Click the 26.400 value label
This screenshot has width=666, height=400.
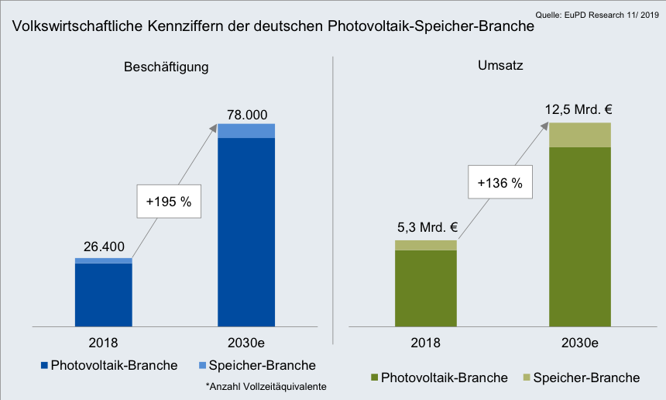(103, 247)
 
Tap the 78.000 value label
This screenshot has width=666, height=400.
(246, 114)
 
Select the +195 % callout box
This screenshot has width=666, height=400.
(169, 202)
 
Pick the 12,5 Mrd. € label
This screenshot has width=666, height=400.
(579, 110)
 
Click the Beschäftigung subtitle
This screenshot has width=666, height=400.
(166, 67)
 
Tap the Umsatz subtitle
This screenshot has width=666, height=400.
(500, 66)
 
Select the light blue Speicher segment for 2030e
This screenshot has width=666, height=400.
(246, 131)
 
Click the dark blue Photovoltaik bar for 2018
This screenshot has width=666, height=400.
(103, 295)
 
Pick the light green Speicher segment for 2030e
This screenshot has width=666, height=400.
(579, 135)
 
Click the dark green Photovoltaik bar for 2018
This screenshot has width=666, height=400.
(425, 288)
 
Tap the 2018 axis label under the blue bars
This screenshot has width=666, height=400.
(103, 342)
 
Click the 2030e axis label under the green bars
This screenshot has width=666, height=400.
(579, 342)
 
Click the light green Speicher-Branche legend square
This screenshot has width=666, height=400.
(527, 378)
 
